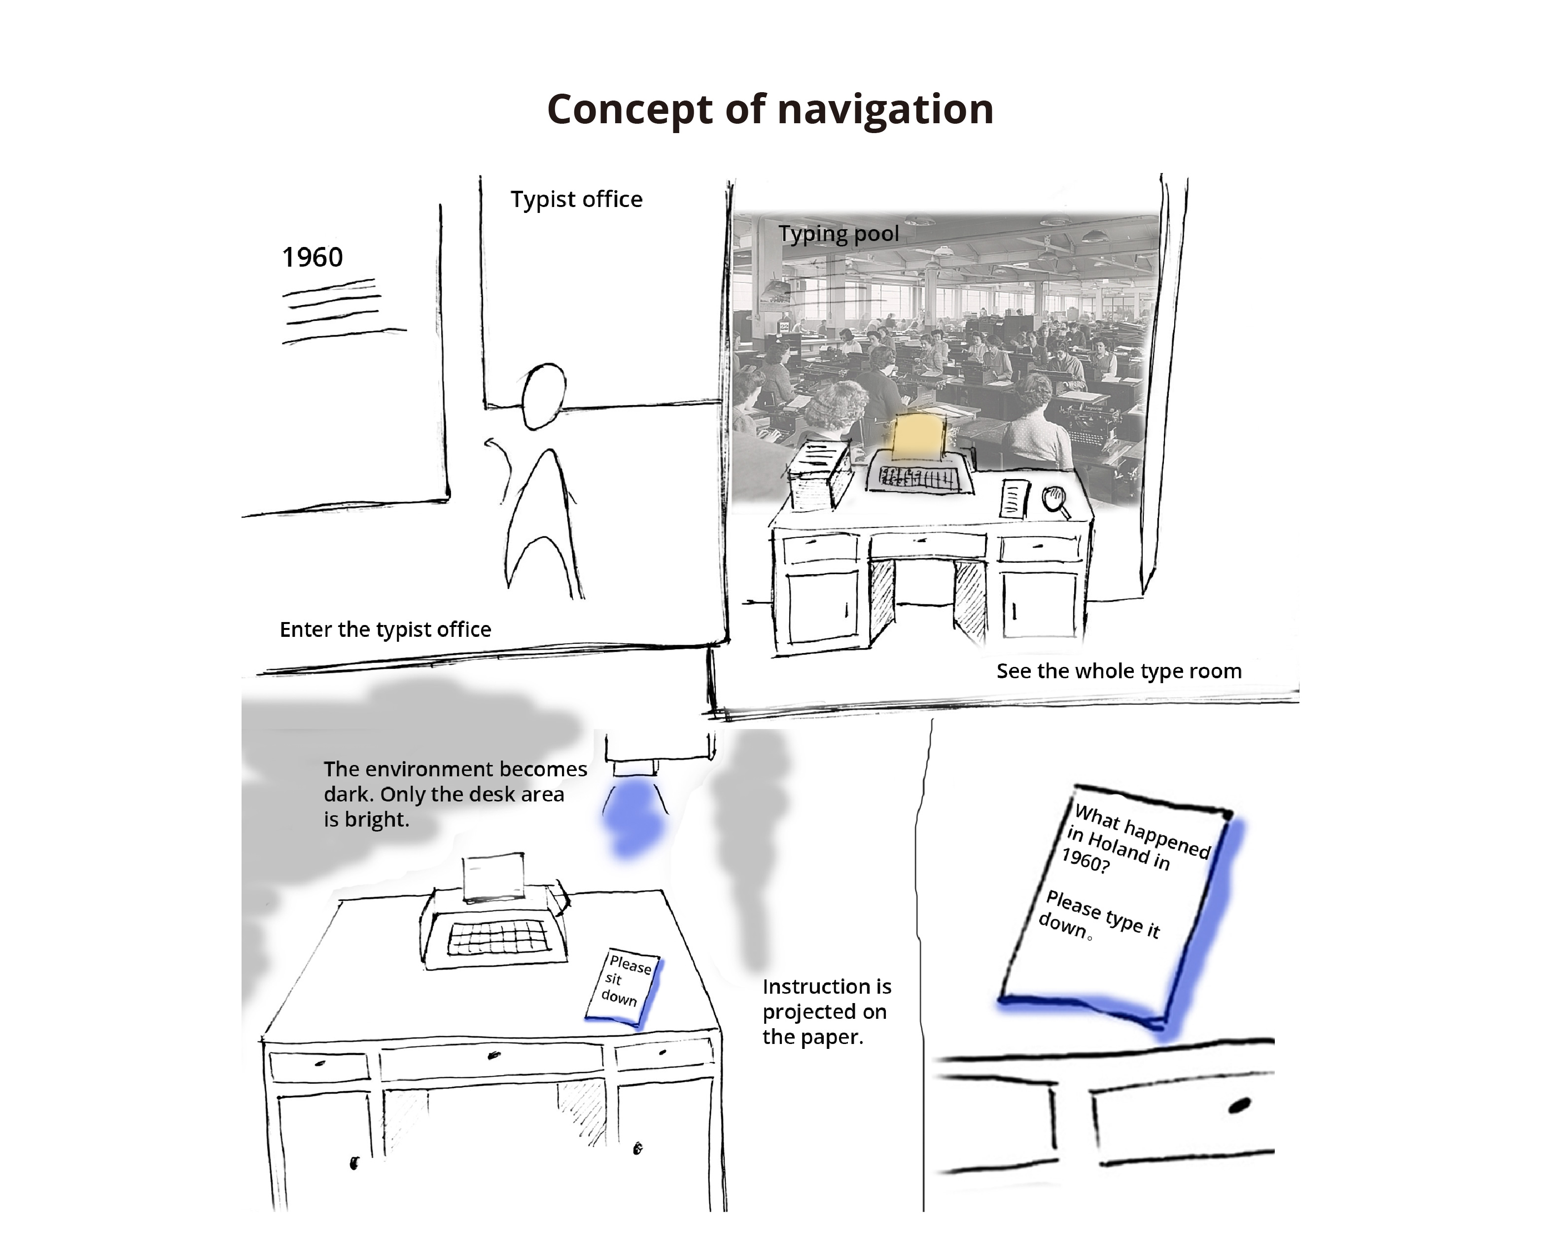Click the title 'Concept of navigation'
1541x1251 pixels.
pyautogui.click(x=770, y=109)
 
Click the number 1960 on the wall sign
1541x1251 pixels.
pyautogui.click(x=312, y=257)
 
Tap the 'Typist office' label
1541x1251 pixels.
pyautogui.click(x=576, y=200)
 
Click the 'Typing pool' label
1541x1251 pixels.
pyautogui.click(x=838, y=234)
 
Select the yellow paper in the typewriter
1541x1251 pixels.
pyautogui.click(x=918, y=437)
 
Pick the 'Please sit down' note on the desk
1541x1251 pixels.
pyautogui.click(x=624, y=984)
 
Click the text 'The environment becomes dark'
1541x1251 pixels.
pyautogui.click(x=455, y=769)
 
